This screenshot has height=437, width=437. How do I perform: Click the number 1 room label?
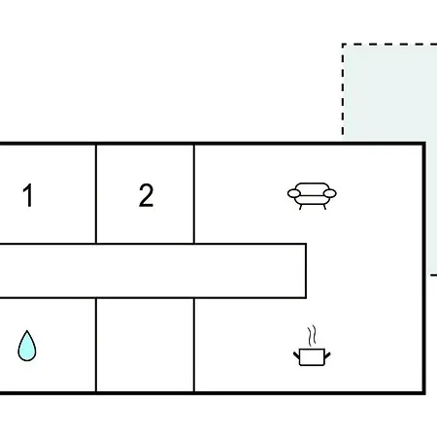28,195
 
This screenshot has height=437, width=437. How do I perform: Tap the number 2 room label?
146,195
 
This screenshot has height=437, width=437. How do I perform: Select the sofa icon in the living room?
312,196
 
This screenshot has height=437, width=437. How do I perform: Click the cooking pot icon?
312,346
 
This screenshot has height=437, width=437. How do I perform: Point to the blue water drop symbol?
27,346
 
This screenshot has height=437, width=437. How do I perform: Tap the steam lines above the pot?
312,335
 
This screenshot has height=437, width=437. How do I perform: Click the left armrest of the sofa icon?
294,193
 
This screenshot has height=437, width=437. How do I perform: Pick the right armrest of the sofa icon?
330,193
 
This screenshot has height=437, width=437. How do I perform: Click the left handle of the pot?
296,355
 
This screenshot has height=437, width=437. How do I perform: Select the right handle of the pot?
327,355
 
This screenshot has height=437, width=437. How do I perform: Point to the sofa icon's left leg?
301,207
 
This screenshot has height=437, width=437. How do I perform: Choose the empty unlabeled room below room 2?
146,345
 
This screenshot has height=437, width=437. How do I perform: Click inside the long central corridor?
152,271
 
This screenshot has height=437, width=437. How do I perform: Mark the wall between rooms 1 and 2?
96,193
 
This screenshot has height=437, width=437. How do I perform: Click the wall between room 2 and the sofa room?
194,193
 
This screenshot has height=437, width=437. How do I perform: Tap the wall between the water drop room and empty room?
96,345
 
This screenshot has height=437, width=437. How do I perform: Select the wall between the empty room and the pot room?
194,345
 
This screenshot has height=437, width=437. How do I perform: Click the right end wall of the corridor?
306,271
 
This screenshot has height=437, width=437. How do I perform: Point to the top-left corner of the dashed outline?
343,44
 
